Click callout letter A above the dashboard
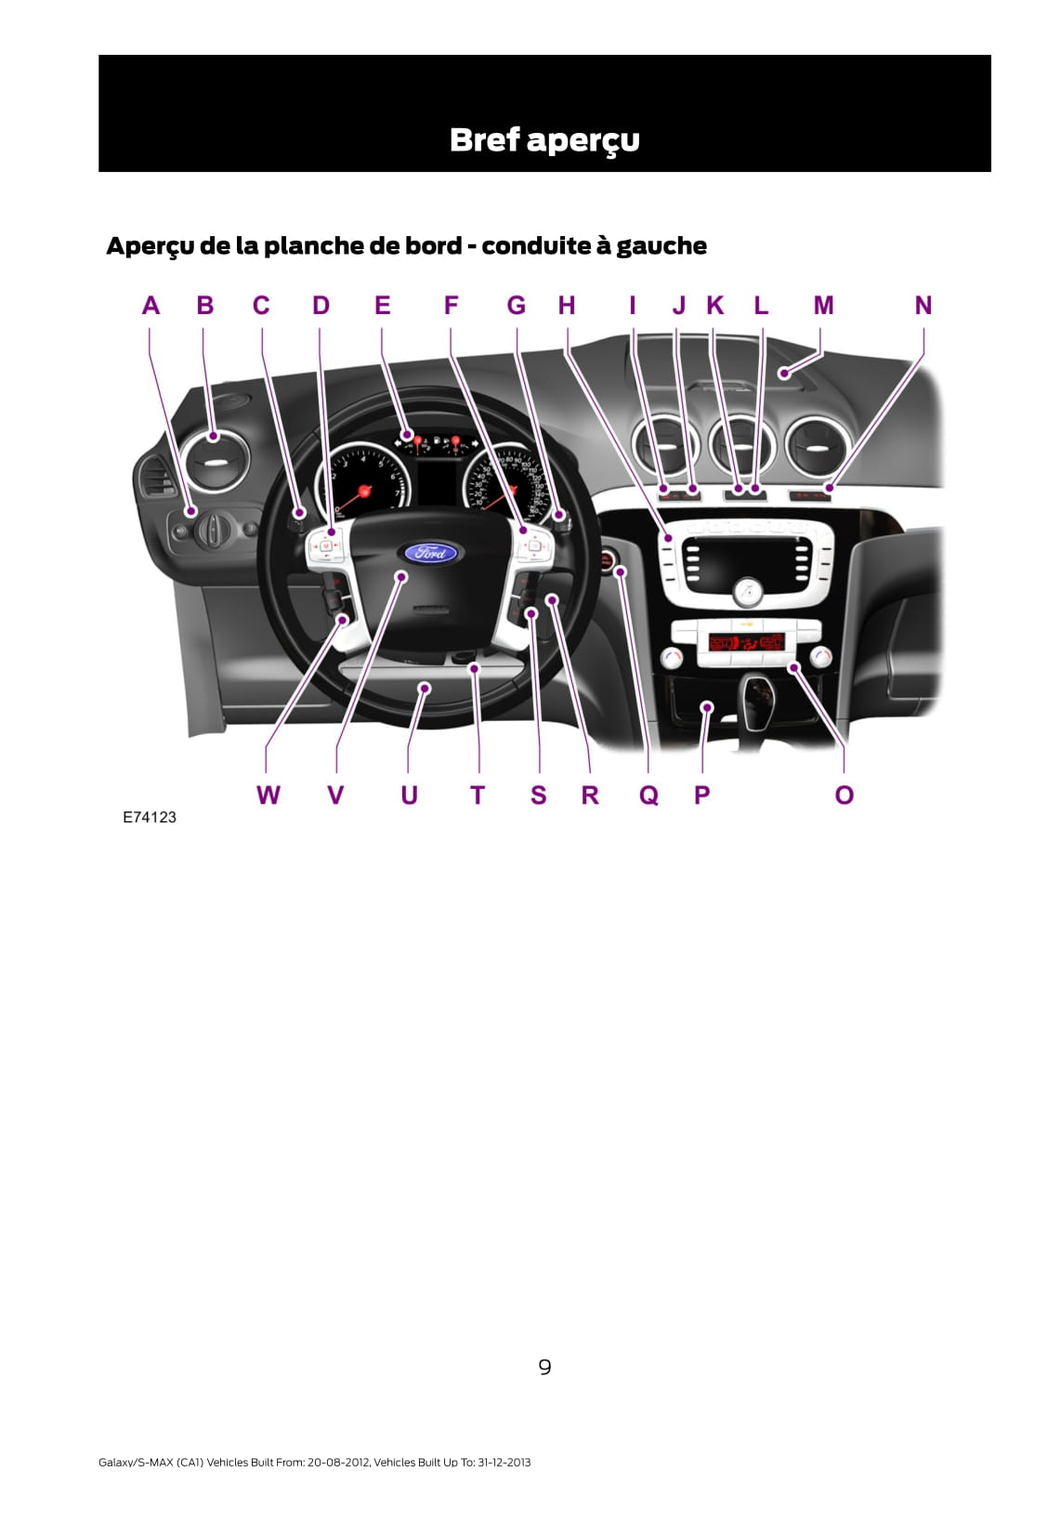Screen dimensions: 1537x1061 tap(151, 306)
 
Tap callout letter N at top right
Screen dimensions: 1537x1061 tap(923, 306)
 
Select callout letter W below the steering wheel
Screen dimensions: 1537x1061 tap(268, 795)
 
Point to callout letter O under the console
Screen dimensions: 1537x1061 tap(844, 795)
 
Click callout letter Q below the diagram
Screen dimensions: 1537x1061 tap(648, 795)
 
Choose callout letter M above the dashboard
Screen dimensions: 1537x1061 tap(823, 306)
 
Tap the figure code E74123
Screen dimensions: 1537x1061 tap(150, 818)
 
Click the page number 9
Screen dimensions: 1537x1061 tap(544, 1367)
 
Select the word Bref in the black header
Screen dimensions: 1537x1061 tap(483, 139)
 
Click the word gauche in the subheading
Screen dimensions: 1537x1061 tap(661, 246)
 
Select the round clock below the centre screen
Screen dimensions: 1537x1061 tap(747, 591)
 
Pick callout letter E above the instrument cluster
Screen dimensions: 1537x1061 tap(382, 306)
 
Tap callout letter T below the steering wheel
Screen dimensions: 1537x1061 tap(478, 795)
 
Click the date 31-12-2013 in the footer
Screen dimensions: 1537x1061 tap(504, 1463)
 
